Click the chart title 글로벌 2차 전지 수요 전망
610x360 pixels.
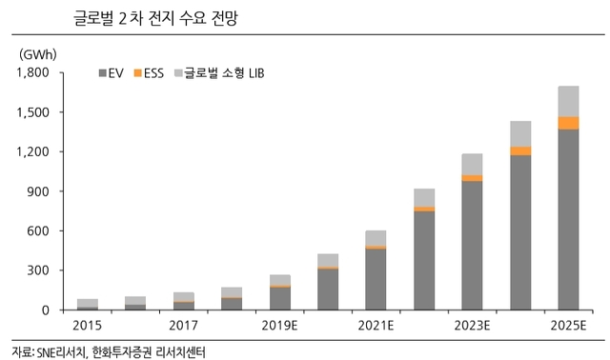click(142, 17)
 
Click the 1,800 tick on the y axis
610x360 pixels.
click(32, 72)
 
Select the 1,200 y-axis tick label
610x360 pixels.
click(32, 151)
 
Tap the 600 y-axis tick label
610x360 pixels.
click(38, 230)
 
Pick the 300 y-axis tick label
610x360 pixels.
click(38, 270)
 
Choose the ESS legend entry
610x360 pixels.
click(149, 72)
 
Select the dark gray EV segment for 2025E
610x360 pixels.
click(568, 219)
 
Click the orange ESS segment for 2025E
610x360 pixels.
click(568, 123)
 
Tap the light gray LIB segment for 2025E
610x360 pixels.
click(568, 101)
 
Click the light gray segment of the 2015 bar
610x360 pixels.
click(87, 303)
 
